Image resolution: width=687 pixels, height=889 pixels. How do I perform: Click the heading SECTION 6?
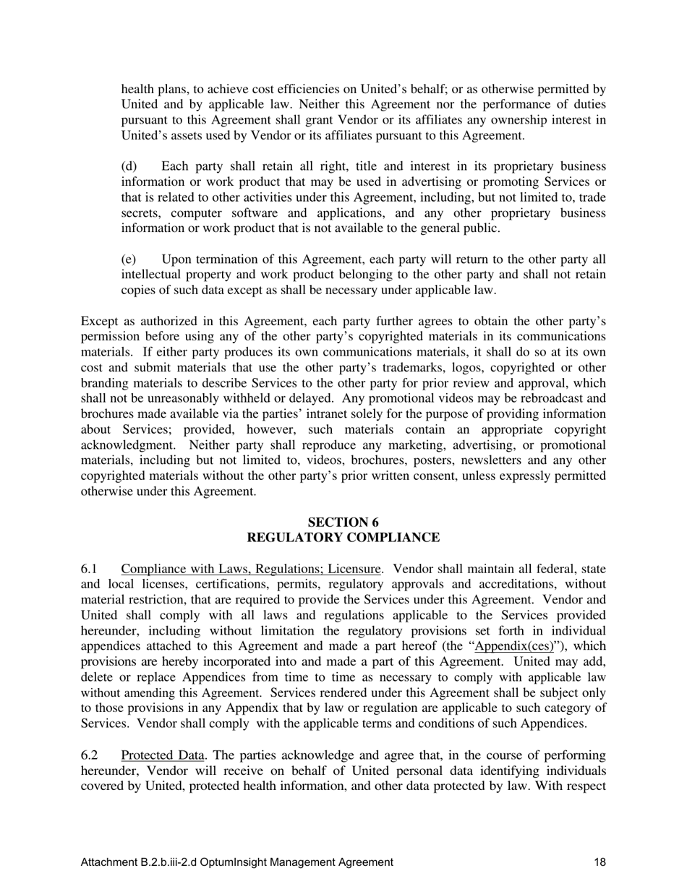[x=343, y=522]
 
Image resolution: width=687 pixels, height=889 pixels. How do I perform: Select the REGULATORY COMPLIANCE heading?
[x=343, y=538]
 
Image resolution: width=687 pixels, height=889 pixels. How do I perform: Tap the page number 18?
[x=599, y=862]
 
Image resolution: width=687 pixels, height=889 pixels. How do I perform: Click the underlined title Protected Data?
[x=163, y=755]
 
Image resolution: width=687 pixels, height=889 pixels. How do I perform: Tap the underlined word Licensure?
[x=355, y=569]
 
